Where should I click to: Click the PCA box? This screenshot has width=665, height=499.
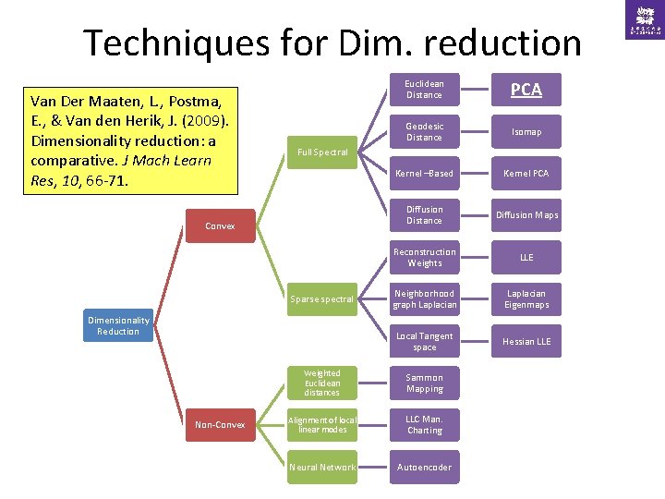[x=526, y=90]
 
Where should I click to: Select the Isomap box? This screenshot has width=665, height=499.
[x=526, y=132]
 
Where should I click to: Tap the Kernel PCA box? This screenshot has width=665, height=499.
[x=526, y=174]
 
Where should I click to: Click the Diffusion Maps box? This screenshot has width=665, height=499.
[x=526, y=215]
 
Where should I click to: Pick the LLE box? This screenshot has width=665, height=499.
[x=526, y=258]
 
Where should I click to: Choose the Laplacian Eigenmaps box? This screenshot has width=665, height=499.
[x=526, y=299]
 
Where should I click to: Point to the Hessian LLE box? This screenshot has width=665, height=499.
[x=526, y=342]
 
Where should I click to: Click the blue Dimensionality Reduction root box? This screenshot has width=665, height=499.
[x=118, y=325]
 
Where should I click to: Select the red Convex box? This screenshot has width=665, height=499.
[x=220, y=225]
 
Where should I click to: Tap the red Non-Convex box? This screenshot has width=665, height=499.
[x=220, y=425]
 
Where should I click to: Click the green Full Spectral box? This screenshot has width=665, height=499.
[x=322, y=152]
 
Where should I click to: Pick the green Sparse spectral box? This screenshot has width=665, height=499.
[x=322, y=299]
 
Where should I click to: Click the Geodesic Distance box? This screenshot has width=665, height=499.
[x=424, y=132]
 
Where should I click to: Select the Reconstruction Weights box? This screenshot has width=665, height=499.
[x=424, y=258]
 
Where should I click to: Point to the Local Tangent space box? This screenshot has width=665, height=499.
[x=424, y=342]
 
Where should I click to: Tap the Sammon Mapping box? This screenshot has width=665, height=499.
[x=424, y=383]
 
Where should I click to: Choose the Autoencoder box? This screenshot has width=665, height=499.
[x=424, y=468]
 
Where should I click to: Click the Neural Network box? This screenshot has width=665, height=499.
[x=322, y=468]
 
